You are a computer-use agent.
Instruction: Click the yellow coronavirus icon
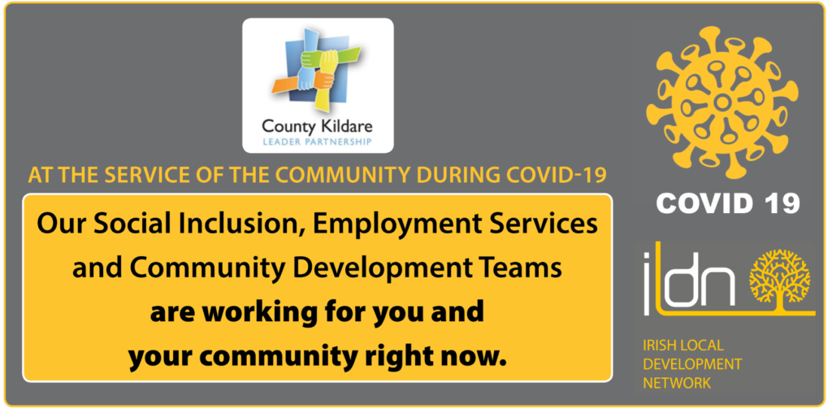[721, 102]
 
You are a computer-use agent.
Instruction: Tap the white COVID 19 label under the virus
[728, 203]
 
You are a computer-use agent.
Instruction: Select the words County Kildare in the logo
[318, 127]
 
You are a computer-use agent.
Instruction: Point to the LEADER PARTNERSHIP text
[318, 141]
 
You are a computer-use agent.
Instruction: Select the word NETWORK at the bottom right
[677, 382]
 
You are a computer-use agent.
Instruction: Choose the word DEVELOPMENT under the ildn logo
[692, 364]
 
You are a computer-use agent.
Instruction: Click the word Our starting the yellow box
[56, 226]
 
